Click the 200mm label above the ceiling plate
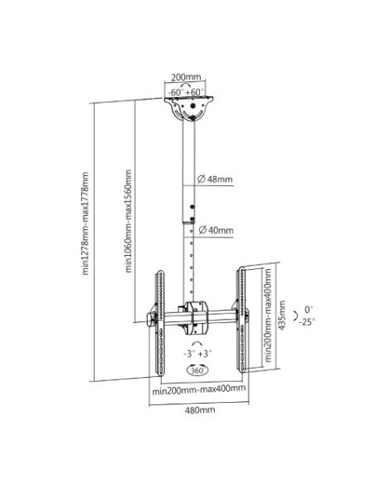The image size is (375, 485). click(x=186, y=76)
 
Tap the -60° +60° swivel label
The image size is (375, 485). click(x=185, y=92)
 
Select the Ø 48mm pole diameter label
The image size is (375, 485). click(x=215, y=179)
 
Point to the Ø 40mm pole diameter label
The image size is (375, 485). click(x=216, y=230)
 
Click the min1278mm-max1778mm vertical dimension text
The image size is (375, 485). click(x=85, y=223)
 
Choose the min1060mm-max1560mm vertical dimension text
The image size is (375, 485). click(x=129, y=221)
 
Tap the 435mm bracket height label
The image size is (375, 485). click(x=282, y=316)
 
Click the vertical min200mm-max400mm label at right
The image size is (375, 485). click(x=268, y=316)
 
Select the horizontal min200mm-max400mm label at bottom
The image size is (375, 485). click(x=198, y=389)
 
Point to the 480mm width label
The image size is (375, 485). click(x=200, y=410)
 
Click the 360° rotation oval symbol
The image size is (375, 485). click(x=197, y=370)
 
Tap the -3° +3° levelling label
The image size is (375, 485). click(x=197, y=353)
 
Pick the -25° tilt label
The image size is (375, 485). click(x=307, y=322)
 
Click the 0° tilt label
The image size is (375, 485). click(x=309, y=309)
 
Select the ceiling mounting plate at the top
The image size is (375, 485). click(x=188, y=109)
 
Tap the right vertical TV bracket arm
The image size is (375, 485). click(x=241, y=319)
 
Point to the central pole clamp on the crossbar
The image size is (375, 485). click(x=196, y=318)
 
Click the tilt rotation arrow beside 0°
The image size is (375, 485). click(x=296, y=316)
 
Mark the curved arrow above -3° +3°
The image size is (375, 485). click(x=197, y=343)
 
